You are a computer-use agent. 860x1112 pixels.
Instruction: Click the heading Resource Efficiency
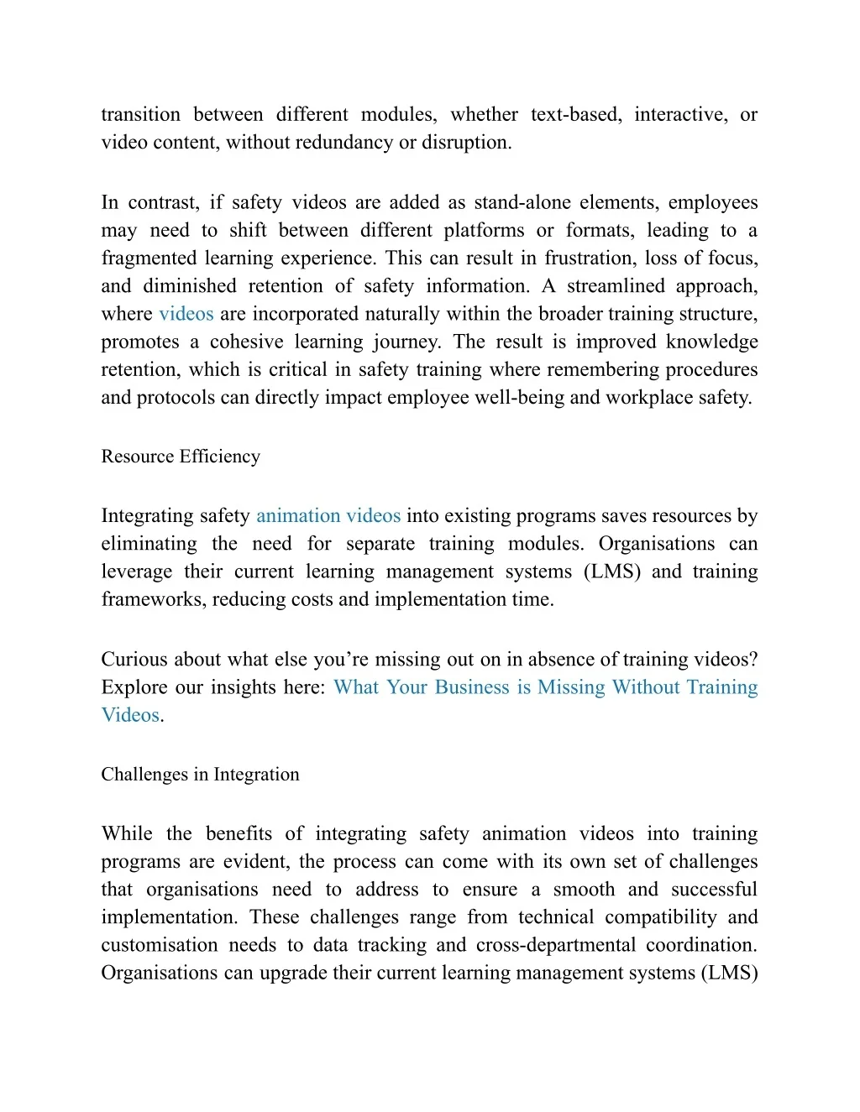181,457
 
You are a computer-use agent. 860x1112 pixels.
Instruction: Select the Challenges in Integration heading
200,775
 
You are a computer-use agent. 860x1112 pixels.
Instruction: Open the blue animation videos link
328,516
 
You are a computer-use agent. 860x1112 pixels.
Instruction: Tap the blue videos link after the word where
186,314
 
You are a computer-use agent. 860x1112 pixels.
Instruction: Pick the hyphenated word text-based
576,115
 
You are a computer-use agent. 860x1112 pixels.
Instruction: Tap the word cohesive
246,342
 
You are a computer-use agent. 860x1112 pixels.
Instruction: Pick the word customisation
159,945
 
